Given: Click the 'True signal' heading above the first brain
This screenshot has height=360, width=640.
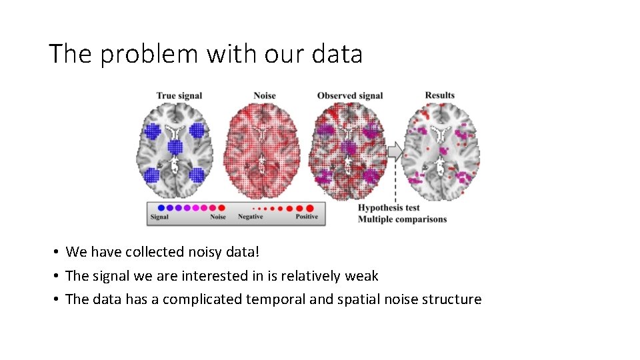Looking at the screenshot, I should tap(179, 96).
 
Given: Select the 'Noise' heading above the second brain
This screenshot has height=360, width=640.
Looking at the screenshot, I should tap(265, 96).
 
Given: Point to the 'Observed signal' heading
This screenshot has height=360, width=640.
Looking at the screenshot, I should tap(350, 96).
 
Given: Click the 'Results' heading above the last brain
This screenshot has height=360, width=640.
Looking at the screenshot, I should tap(440, 95).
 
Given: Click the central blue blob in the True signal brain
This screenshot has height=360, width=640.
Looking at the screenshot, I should tap(175, 147).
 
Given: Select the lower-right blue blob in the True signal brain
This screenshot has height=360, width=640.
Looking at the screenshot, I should tap(197, 175).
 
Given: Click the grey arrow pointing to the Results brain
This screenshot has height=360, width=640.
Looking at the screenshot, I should tap(395, 151).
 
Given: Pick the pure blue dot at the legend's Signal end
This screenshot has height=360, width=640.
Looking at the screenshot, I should tap(161, 207).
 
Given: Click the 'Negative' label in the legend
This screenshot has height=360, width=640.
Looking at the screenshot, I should tap(251, 217).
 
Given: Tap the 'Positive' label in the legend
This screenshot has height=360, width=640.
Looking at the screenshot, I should tap(307, 217).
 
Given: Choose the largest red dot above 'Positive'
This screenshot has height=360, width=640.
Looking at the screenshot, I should tap(309, 208).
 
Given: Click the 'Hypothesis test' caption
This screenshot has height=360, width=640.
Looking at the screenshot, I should tap(389, 208).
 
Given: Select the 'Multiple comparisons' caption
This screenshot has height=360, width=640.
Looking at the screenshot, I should tap(403, 219).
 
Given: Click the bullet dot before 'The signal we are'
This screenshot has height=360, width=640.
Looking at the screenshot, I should tap(57, 276).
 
